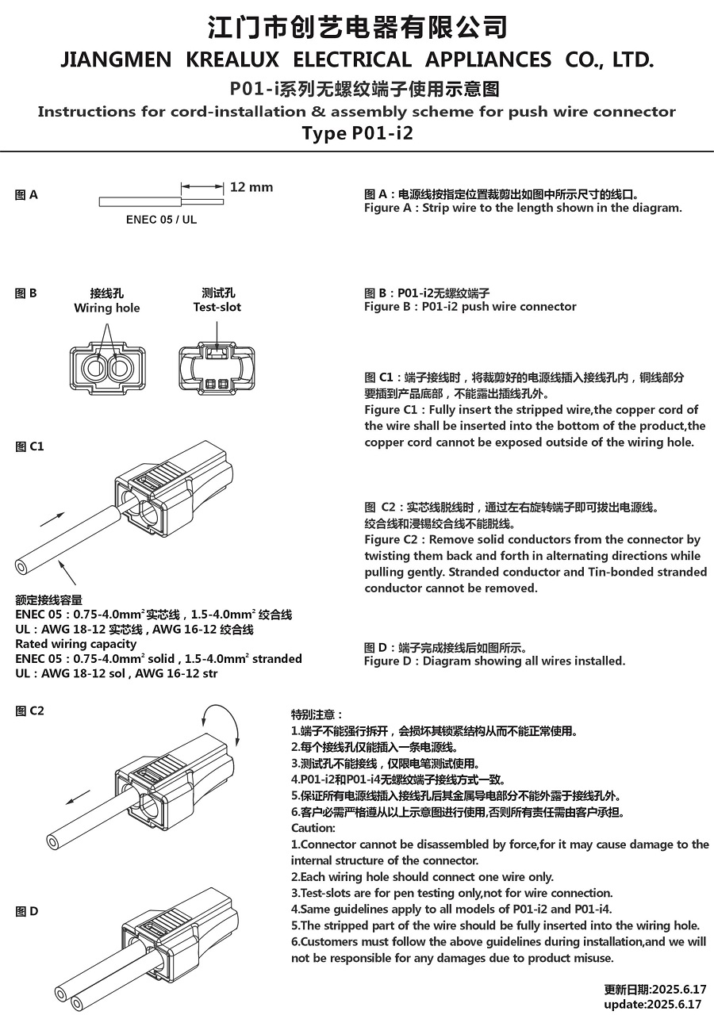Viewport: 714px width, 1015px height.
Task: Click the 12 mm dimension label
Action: point(251,187)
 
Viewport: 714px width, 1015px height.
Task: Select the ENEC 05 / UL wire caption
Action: point(161,220)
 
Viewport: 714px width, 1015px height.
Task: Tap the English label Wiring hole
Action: point(106,308)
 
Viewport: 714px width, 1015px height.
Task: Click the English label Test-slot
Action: point(217,307)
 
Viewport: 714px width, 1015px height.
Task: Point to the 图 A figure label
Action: point(26,195)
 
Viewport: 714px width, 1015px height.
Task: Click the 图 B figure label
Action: point(26,293)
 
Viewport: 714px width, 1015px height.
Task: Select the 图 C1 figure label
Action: point(29,446)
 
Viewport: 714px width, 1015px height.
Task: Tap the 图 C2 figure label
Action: point(29,710)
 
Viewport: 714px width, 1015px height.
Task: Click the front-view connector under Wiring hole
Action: point(107,368)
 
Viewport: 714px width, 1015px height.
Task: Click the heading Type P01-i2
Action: point(357,132)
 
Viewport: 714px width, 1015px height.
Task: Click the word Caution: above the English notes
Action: point(313,828)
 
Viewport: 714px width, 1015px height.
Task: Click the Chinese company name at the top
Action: point(357,27)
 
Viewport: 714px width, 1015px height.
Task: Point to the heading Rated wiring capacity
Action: point(76,644)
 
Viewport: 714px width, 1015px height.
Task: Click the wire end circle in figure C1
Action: point(21,566)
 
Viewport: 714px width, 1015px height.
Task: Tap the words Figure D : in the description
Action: point(391,661)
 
